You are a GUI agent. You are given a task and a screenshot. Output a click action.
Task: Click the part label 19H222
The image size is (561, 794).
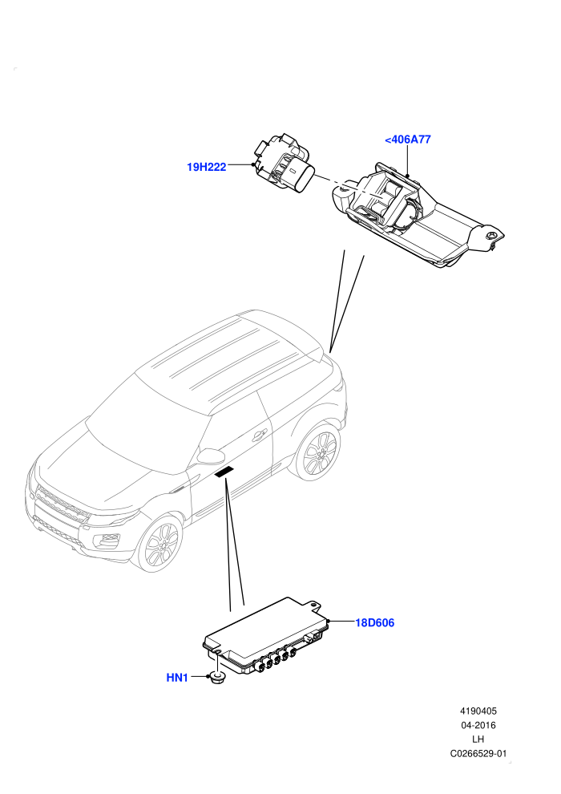(x=207, y=167)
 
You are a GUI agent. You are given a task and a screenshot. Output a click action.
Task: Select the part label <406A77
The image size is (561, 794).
(x=408, y=140)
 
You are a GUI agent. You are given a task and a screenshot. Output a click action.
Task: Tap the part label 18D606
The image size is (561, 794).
(x=374, y=622)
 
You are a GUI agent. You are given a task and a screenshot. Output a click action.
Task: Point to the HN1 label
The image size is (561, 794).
(x=177, y=678)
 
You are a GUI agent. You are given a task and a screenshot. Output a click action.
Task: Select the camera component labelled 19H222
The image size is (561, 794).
(x=282, y=164)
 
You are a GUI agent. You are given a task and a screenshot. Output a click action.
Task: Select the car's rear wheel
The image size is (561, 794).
(x=318, y=451)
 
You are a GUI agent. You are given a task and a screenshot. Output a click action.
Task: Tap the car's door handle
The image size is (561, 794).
(x=260, y=435)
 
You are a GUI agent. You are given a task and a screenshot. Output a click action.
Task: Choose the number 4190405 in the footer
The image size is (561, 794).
(x=478, y=711)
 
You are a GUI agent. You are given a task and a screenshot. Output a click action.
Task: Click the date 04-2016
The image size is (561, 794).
(x=478, y=725)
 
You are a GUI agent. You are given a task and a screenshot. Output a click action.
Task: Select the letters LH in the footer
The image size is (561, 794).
(x=478, y=739)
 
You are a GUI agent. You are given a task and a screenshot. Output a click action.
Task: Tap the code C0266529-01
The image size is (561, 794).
(x=478, y=753)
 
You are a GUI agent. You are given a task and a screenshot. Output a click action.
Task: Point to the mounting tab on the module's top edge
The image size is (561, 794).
(x=314, y=604)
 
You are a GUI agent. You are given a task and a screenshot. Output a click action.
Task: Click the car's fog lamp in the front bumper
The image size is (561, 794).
(x=107, y=541)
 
